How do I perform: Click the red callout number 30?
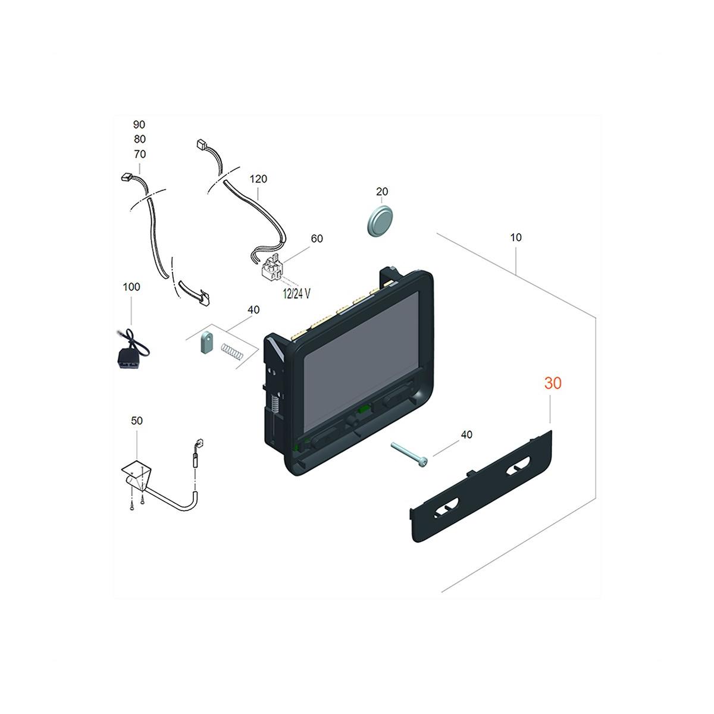click(x=552, y=383)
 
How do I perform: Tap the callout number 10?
click(x=516, y=237)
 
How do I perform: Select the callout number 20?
click(x=382, y=192)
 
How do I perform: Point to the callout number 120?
click(x=258, y=179)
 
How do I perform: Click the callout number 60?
click(x=317, y=239)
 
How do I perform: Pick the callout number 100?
click(x=131, y=287)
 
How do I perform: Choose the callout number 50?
click(x=137, y=421)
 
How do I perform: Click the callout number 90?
click(x=139, y=124)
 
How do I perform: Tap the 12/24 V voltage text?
click(x=296, y=294)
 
